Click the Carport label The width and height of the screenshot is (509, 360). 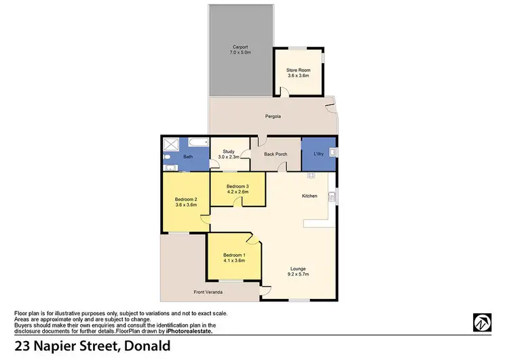coord(240,47)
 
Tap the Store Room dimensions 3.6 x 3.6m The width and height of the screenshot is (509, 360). coord(298,75)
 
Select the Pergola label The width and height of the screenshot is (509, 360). coord(273,117)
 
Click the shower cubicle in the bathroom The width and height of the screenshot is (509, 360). coord(170,144)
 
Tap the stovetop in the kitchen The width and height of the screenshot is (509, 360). coord(312,176)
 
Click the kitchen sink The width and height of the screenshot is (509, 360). coord(332,197)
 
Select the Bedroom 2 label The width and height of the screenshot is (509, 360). coord(185,199)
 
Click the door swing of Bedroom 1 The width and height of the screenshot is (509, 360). coord(252,238)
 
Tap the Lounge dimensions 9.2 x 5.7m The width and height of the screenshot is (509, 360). coord(299,274)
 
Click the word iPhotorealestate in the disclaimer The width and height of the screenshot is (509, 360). coord(189,331)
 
